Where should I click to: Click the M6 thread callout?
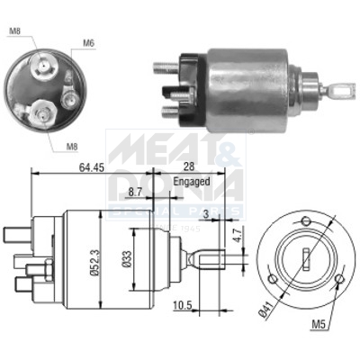tap(89, 42)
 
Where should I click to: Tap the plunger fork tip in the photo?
tap(343, 88)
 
